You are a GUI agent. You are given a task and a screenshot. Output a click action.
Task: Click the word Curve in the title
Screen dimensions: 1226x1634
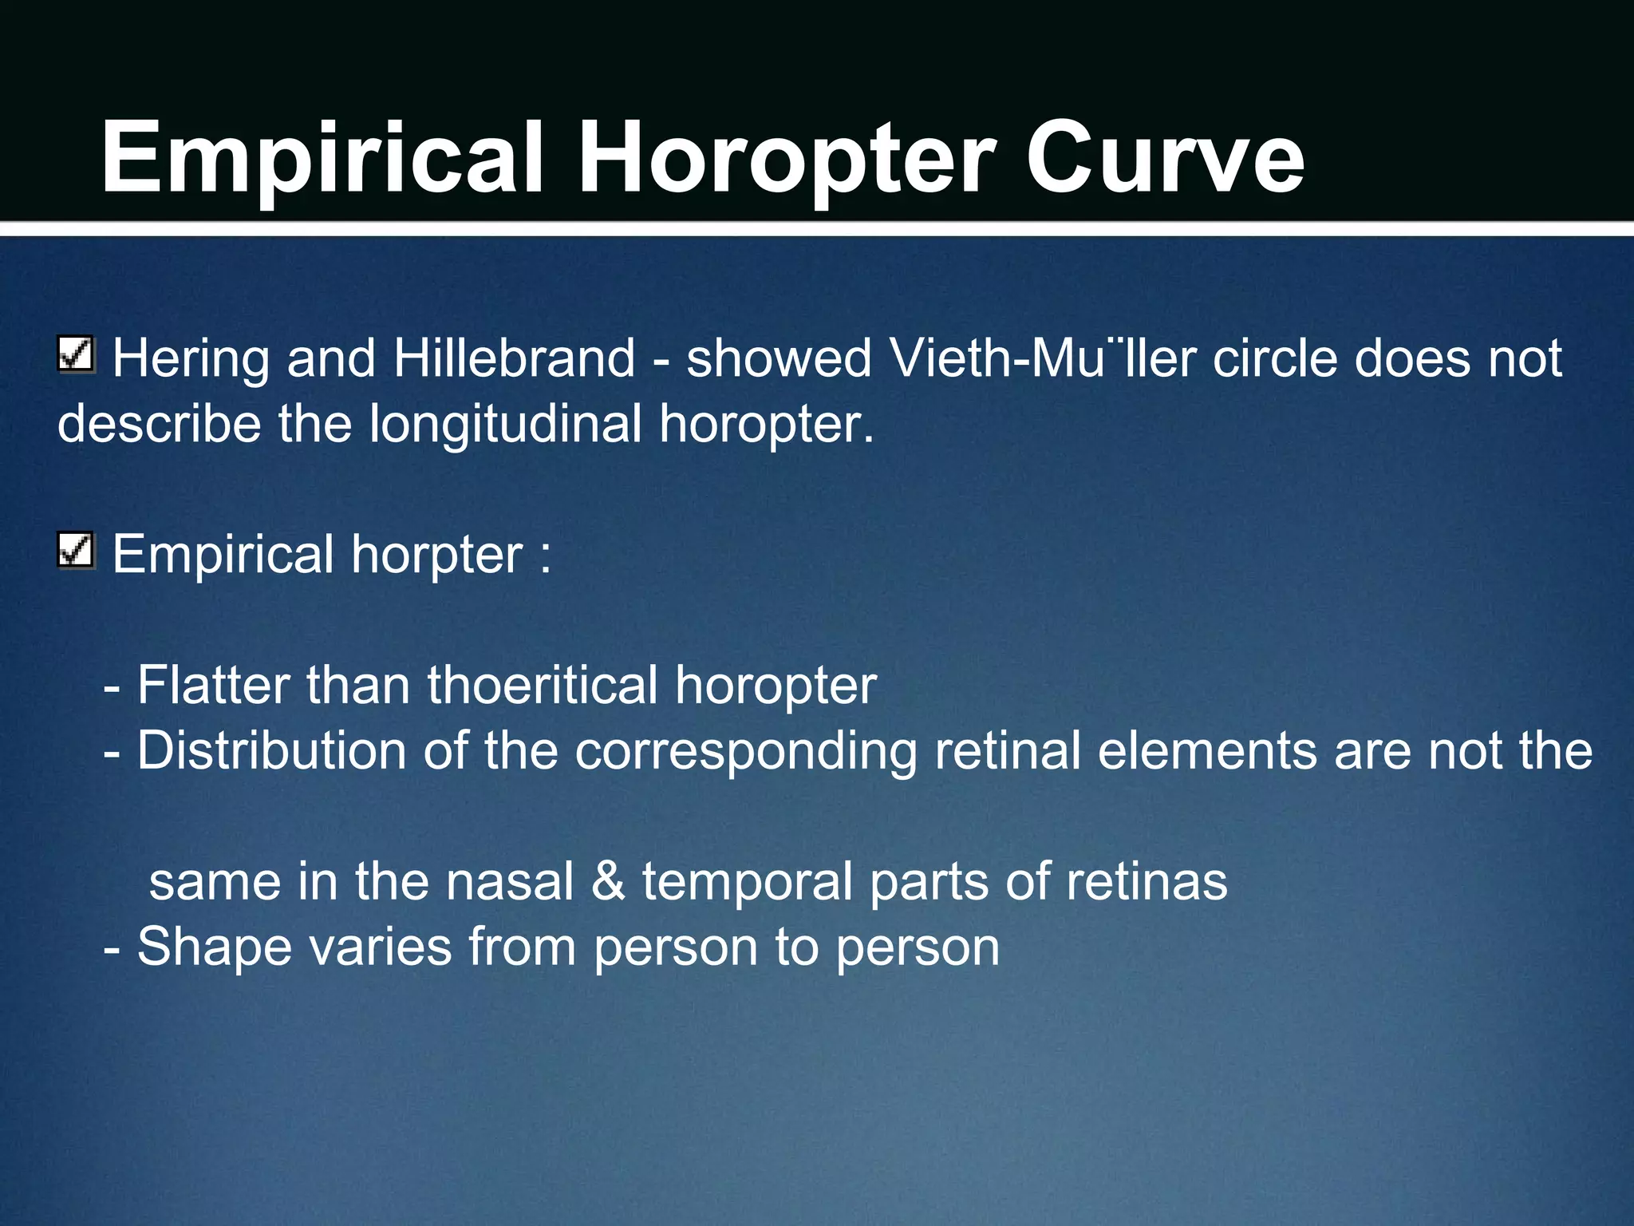(1165, 157)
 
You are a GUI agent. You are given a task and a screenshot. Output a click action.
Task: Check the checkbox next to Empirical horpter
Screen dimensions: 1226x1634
(77, 551)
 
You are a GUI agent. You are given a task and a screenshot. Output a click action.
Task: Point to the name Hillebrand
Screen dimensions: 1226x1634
(514, 358)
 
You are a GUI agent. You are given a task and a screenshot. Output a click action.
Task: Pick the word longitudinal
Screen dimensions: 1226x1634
(506, 423)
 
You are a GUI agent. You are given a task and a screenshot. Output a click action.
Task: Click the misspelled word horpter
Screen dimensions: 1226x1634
(437, 555)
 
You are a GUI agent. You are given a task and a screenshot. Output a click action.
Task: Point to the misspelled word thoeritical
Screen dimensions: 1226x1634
(542, 685)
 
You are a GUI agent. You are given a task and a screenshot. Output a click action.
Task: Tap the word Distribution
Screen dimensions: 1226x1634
(271, 750)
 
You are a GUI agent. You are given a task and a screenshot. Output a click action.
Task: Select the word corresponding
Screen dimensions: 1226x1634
(746, 752)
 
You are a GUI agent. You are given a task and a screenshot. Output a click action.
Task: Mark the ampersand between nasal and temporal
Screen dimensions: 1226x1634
(609, 881)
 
